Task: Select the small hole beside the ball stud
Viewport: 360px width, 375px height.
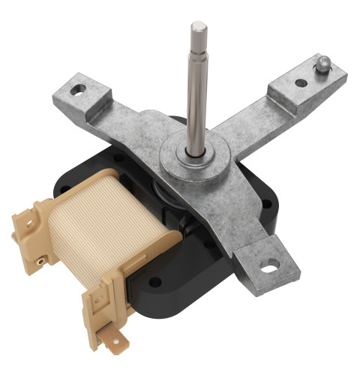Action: point(301,82)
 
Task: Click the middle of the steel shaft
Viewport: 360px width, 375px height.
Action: point(196,90)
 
